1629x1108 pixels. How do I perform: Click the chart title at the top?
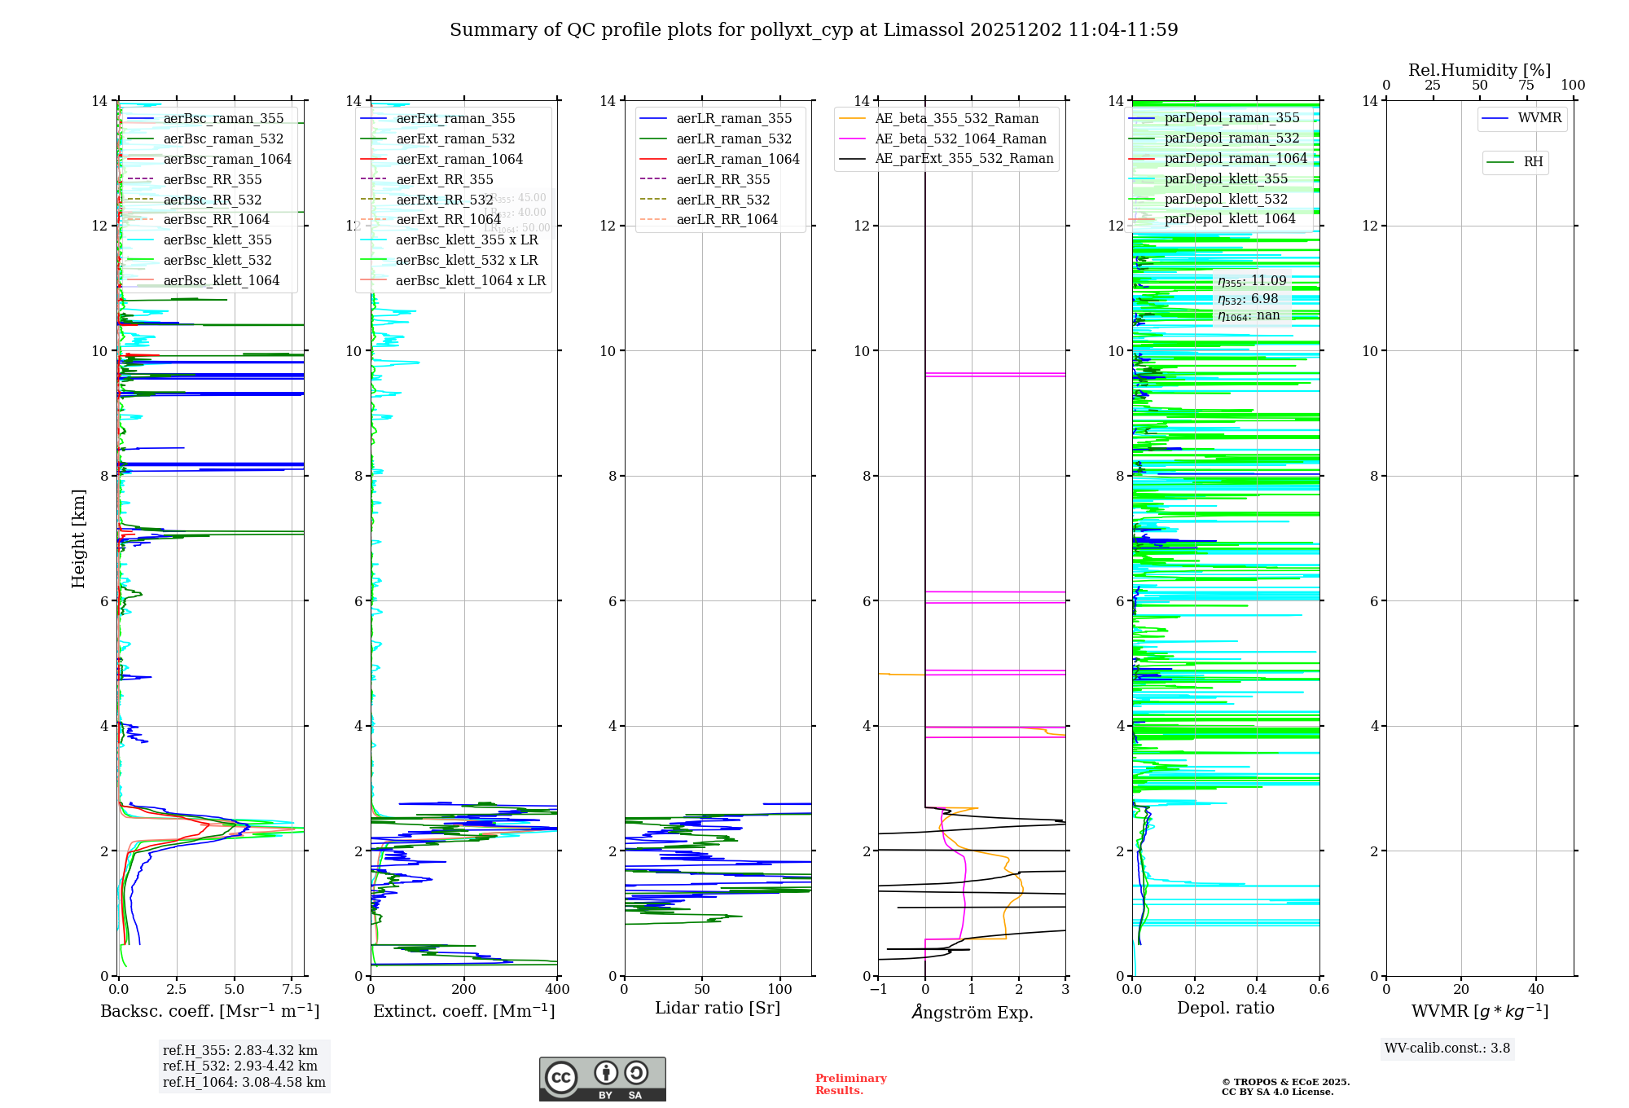tap(814, 30)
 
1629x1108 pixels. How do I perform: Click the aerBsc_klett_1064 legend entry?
tap(221, 280)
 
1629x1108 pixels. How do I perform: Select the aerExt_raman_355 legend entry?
tap(455, 119)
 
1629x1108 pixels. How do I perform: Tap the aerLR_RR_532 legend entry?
tap(722, 200)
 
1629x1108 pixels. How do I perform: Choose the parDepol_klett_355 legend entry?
tap(1226, 178)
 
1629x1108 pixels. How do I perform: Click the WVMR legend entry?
tap(1539, 118)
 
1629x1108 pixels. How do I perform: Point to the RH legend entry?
tap(1533, 162)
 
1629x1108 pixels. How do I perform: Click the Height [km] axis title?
tap(78, 538)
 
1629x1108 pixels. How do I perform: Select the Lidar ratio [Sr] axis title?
tap(718, 1008)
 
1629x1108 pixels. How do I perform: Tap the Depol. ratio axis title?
tap(1225, 1008)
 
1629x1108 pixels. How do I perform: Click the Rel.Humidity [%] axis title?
tap(1479, 70)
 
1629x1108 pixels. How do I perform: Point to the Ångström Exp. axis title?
tap(972, 1012)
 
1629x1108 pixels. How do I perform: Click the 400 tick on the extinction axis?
tap(557, 990)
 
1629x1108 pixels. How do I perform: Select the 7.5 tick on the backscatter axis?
tap(292, 990)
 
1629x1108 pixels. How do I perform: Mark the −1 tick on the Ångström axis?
tap(878, 990)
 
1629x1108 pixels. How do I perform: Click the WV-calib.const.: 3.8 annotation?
tap(1447, 1049)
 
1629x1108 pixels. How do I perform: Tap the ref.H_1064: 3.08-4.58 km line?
tap(244, 1083)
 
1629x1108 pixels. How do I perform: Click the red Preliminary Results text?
tap(850, 1084)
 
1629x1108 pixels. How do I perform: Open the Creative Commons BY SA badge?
tap(602, 1079)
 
